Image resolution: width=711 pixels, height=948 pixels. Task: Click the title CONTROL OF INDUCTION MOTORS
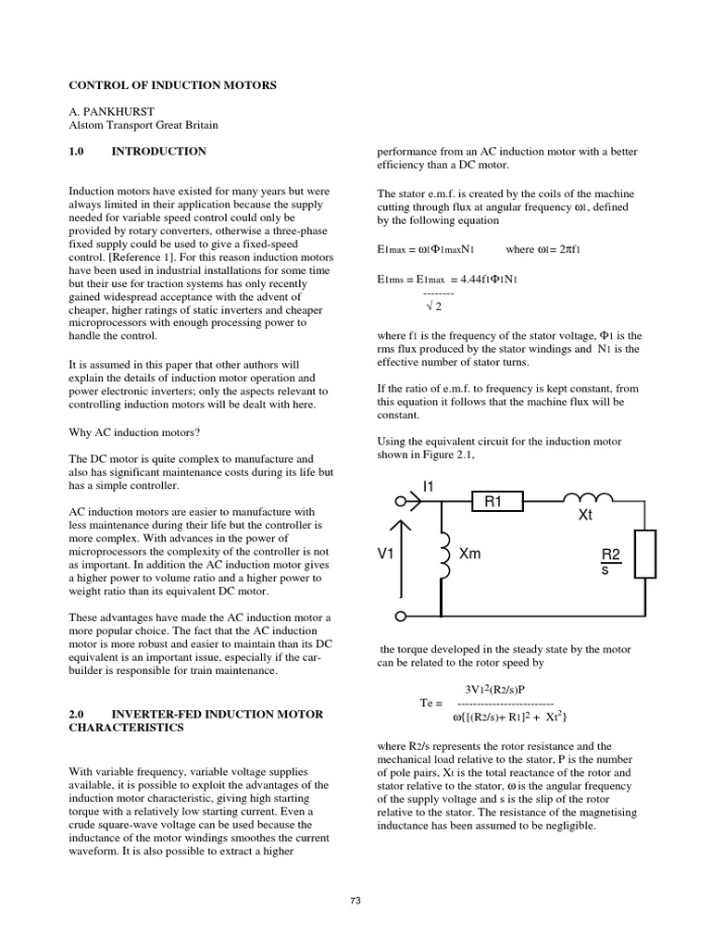172,85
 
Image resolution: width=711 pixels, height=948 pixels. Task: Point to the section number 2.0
78,715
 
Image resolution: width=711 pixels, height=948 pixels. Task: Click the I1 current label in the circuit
428,486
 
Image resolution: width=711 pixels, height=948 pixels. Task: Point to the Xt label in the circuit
585,515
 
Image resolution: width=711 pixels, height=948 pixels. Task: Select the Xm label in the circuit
470,554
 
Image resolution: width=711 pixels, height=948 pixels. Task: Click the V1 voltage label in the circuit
386,554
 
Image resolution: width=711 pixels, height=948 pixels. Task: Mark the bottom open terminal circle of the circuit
401,616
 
